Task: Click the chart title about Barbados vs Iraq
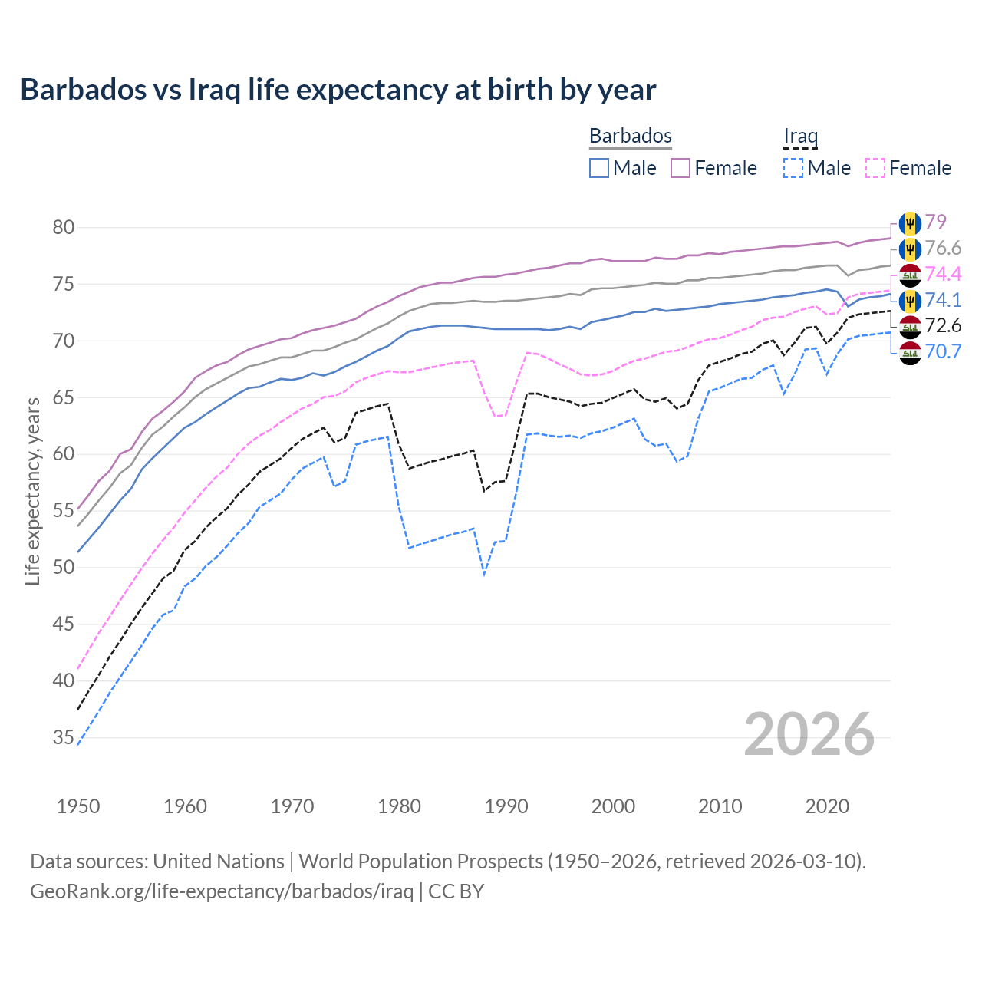tap(338, 90)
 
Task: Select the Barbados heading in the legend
tap(630, 136)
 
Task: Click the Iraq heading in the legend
tap(800, 136)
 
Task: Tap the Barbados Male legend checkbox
tap(599, 168)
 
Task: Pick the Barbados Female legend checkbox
tap(680, 168)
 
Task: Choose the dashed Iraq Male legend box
tap(793, 168)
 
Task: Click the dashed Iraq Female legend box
tap(875, 168)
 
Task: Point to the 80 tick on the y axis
tap(64, 227)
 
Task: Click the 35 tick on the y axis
tap(64, 737)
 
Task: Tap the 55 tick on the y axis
tap(64, 511)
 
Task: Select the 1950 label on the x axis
tap(78, 806)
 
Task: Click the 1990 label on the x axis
tap(506, 806)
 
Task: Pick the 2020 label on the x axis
tap(827, 806)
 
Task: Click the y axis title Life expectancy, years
tap(32, 491)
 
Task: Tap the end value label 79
tap(935, 222)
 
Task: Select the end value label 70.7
tap(943, 351)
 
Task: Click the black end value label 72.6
tap(943, 325)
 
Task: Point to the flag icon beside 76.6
tap(910, 249)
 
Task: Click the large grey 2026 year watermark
tap(809, 734)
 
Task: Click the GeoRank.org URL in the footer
tap(222, 891)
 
